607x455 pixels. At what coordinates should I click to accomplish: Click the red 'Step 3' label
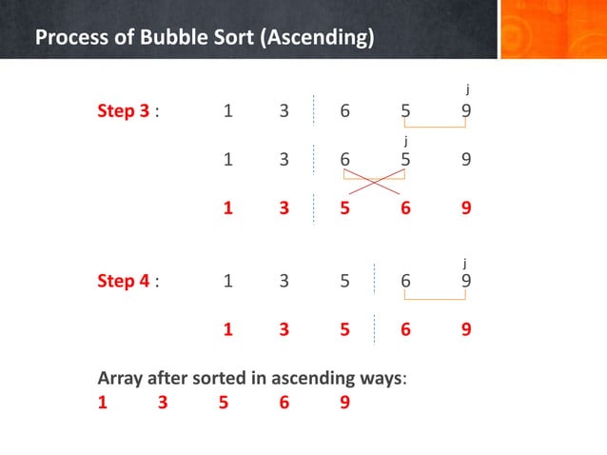[x=123, y=111]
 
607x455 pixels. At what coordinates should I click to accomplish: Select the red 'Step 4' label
[x=123, y=281]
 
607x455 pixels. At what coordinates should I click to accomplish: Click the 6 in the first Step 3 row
[x=344, y=111]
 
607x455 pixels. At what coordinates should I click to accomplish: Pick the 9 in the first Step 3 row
[x=465, y=111]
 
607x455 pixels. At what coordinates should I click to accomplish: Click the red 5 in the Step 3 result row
[x=344, y=208]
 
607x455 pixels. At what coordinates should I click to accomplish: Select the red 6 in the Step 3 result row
[x=405, y=208]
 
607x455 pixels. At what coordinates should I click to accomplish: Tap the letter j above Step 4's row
[x=465, y=261]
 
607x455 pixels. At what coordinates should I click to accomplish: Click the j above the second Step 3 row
[x=406, y=141]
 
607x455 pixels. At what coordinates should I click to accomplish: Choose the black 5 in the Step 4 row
[x=344, y=281]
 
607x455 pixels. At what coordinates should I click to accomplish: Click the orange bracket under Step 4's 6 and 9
[x=435, y=298]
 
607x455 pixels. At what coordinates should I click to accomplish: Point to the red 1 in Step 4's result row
[x=227, y=329]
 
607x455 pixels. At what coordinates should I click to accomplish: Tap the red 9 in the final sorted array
[x=344, y=402]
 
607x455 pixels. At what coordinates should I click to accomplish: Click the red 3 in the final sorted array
[x=163, y=402]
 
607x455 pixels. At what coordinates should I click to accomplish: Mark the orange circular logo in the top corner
[x=553, y=29]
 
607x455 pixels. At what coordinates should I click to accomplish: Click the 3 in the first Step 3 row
[x=284, y=111]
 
